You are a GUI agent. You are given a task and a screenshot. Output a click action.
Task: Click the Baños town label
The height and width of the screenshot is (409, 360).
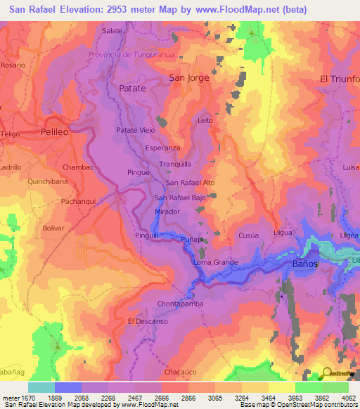click(x=304, y=264)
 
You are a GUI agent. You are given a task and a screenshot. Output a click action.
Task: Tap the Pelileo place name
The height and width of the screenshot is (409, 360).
click(x=57, y=131)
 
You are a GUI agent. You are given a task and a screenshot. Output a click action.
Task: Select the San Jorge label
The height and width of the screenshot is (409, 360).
click(x=189, y=78)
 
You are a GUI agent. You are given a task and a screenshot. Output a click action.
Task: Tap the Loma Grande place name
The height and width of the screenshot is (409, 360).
click(x=216, y=262)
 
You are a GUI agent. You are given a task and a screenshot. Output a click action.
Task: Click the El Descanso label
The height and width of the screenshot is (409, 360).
click(x=148, y=320)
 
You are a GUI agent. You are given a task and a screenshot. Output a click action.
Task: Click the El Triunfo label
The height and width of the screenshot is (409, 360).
click(x=340, y=79)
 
